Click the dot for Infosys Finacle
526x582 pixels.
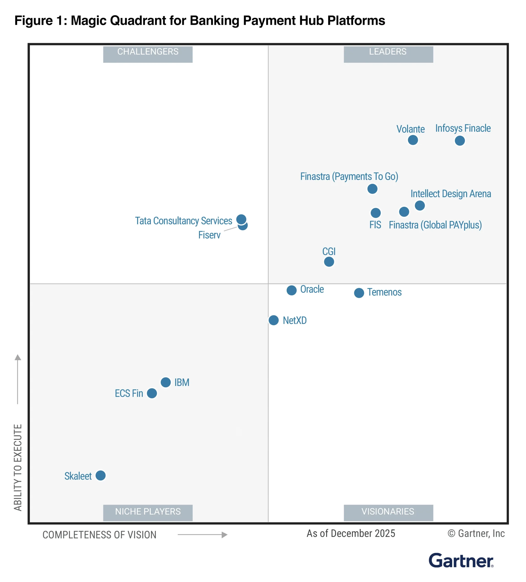460,140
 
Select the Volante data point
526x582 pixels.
413,140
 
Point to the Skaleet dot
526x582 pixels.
100,475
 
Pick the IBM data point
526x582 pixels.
166,382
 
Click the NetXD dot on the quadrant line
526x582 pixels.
273,320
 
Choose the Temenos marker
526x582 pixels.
359,293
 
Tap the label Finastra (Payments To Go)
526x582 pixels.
349,176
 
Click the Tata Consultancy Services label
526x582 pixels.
184,221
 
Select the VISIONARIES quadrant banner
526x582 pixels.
388,512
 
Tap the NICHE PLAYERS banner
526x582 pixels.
148,512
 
